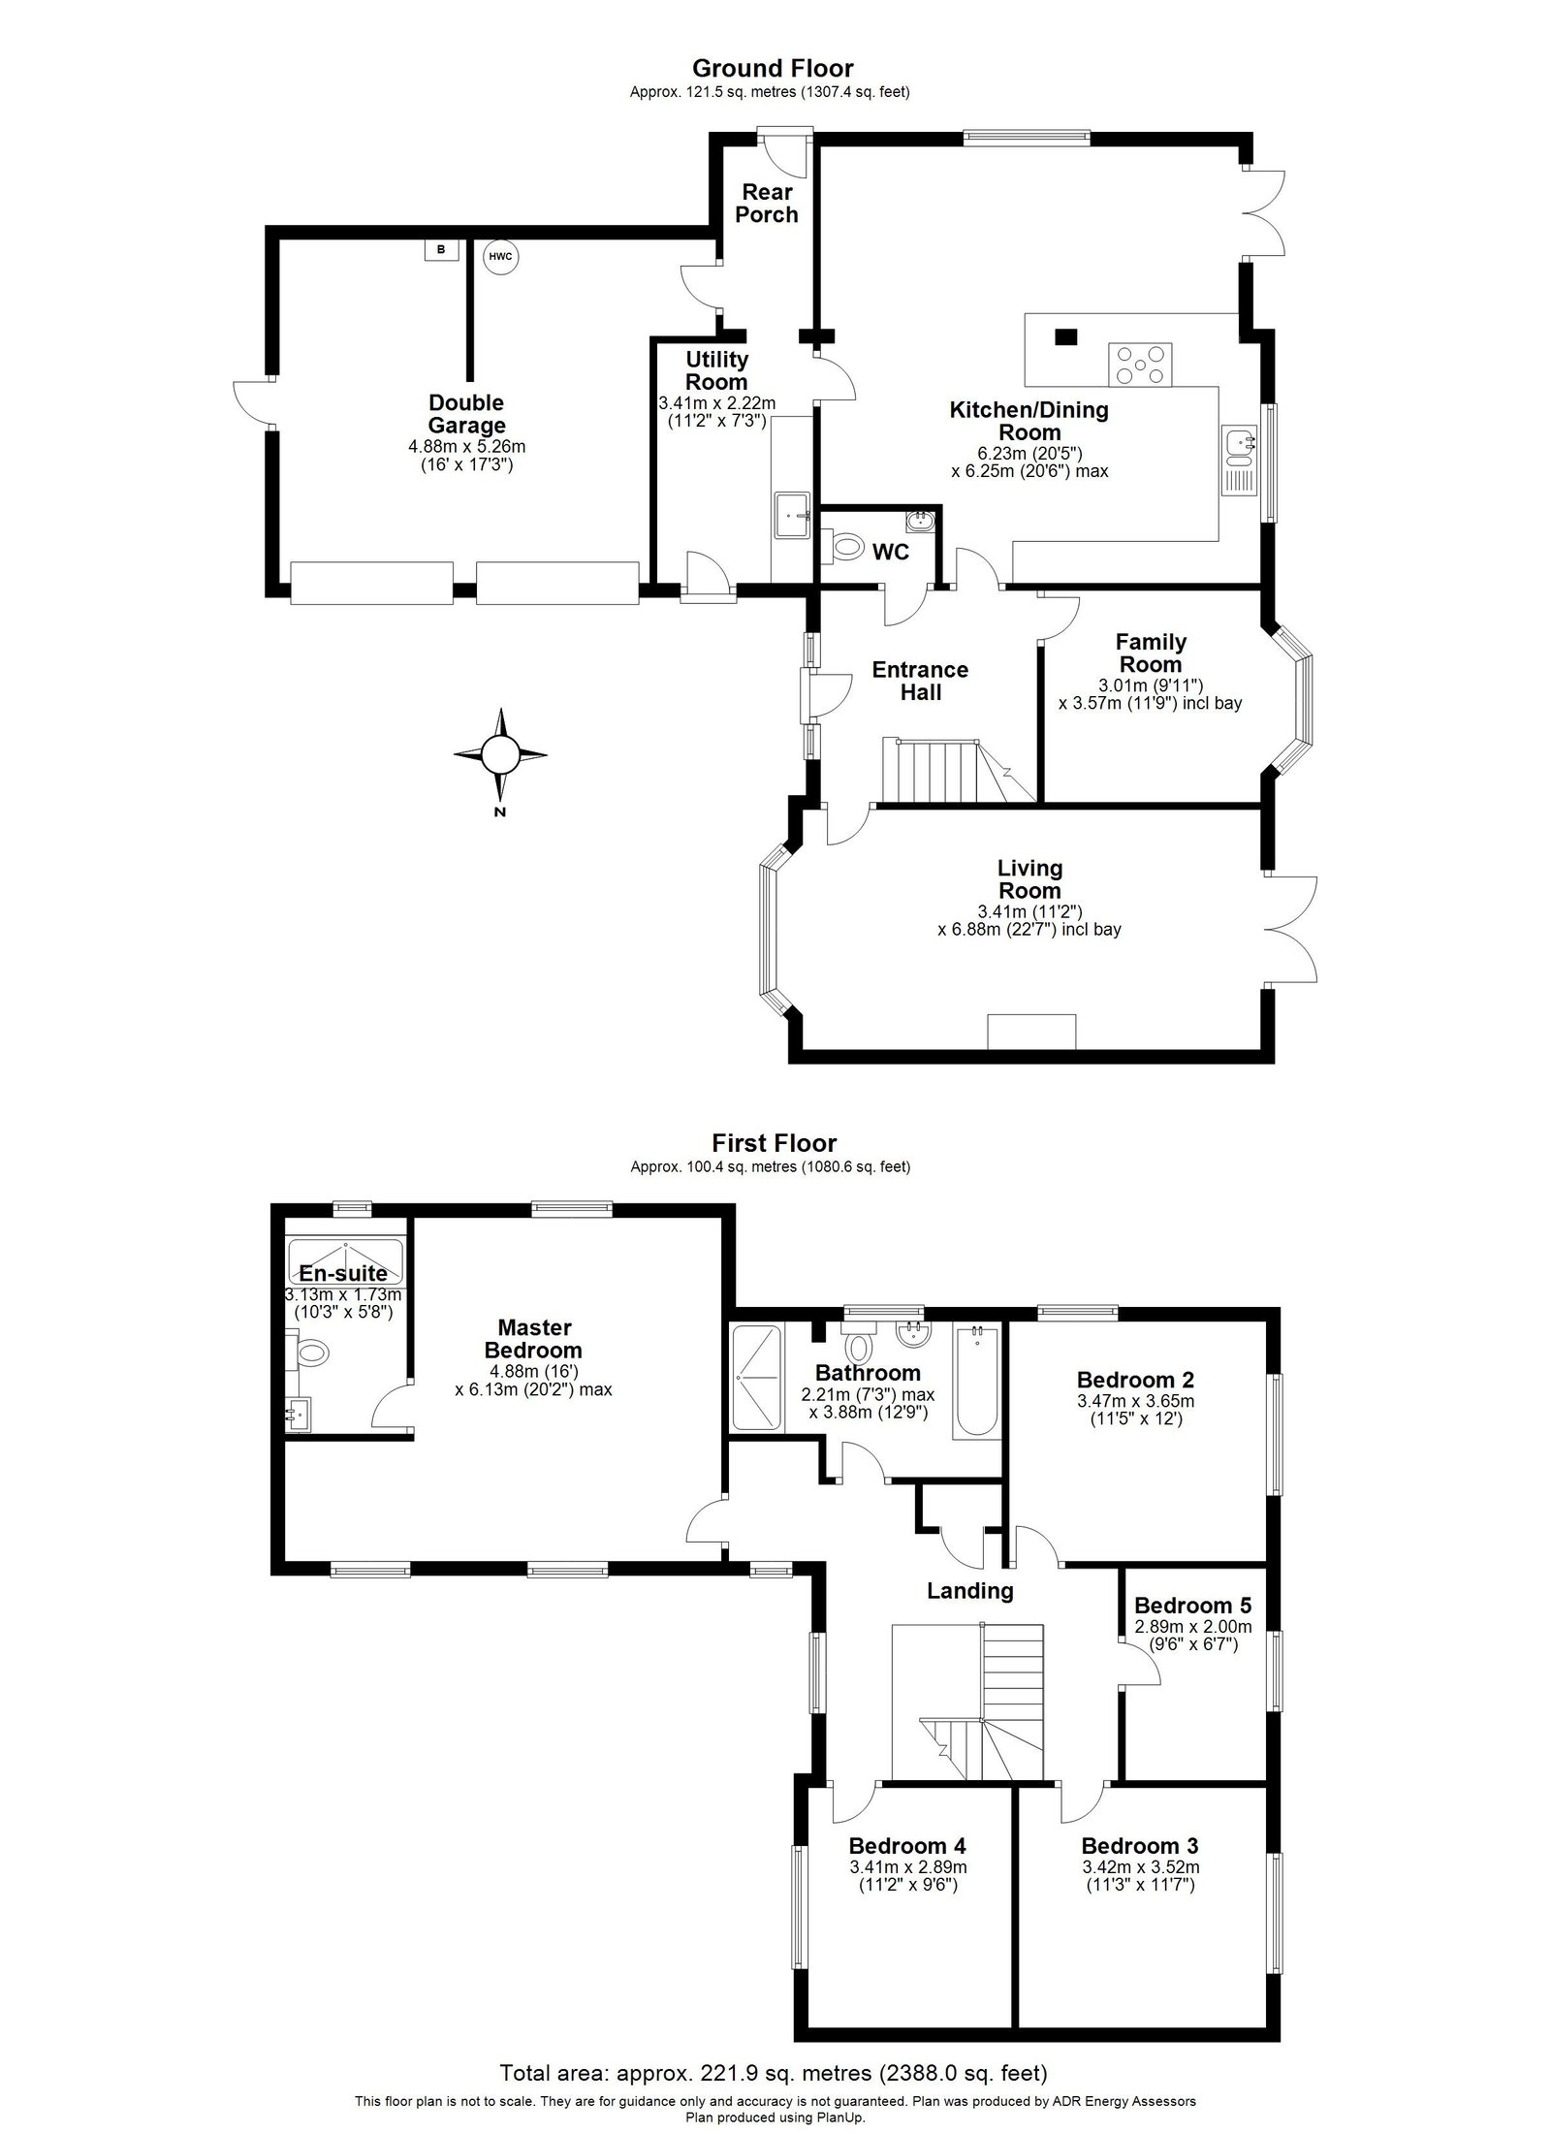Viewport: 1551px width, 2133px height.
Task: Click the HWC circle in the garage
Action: [500, 256]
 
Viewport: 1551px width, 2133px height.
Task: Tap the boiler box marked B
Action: [441, 250]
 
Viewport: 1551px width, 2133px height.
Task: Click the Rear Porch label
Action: [766, 204]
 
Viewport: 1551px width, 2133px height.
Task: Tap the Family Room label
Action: [1151, 653]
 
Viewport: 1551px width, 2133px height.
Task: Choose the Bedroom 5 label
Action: [1193, 1604]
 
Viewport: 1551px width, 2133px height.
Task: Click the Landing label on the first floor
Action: [969, 1590]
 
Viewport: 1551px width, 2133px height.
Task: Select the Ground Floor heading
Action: [773, 68]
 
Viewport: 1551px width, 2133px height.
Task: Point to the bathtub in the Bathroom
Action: [977, 1380]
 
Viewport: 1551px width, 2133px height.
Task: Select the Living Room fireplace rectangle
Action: [1031, 1032]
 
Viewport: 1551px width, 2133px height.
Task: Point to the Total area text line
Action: [774, 2065]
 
